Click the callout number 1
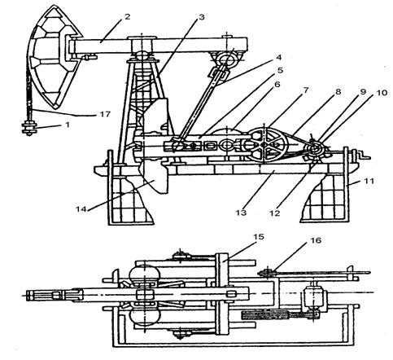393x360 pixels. pyautogui.click(x=68, y=125)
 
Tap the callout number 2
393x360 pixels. pyautogui.click(x=127, y=17)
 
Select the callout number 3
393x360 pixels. pyautogui.click(x=201, y=17)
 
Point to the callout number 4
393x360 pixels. pyautogui.click(x=278, y=57)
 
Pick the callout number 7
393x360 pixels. pyautogui.click(x=306, y=90)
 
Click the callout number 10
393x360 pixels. pyautogui.click(x=382, y=93)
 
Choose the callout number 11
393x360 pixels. pyautogui.click(x=369, y=181)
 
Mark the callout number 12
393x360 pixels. pyautogui.click(x=275, y=213)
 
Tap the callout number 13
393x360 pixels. pyautogui.click(x=241, y=212)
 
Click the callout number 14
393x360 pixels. pyautogui.click(x=81, y=209)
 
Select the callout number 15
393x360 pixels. pyautogui.click(x=258, y=237)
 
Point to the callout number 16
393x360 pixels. pyautogui.click(x=316, y=240)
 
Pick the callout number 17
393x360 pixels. pyautogui.click(x=105, y=114)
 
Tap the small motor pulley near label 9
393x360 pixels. pyautogui.click(x=316, y=149)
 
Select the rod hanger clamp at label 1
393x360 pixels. pyautogui.click(x=29, y=128)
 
